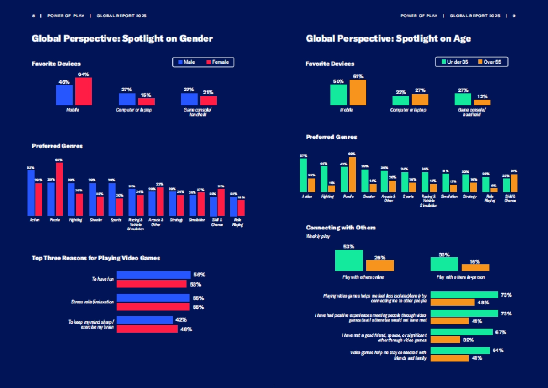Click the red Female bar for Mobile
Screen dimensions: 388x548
[84, 91]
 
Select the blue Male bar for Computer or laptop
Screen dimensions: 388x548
[127, 99]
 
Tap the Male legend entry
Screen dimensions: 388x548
[187, 62]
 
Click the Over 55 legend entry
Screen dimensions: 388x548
[492, 62]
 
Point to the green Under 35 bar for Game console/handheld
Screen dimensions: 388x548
[463, 99]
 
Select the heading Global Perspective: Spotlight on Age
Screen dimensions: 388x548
[388, 39]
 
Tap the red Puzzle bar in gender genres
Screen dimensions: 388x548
[59, 189]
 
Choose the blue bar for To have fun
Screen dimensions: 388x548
[153, 275]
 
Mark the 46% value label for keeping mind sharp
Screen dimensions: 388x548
[186, 329]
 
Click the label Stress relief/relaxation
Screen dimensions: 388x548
[93, 302]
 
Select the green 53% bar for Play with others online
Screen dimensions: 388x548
[349, 260]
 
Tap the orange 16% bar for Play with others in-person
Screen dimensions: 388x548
[475, 267]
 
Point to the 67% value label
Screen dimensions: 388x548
[501, 332]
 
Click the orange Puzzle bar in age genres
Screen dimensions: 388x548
[352, 175]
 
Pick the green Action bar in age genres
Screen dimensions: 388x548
[303, 175]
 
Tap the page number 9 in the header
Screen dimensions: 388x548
[514, 16]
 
